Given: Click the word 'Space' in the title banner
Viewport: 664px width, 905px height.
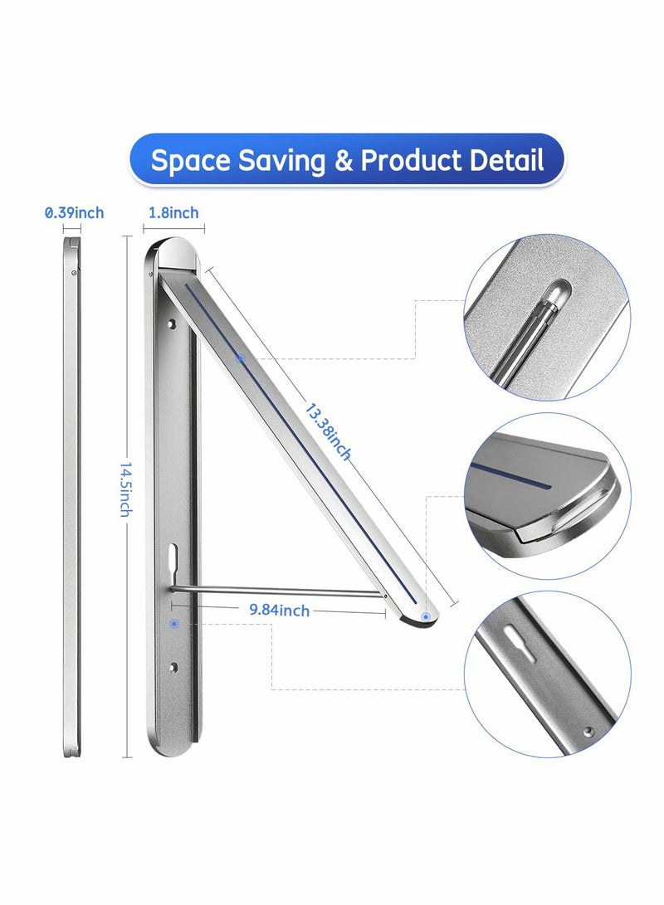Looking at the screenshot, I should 189,160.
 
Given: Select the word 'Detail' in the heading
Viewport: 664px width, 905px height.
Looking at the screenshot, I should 508,160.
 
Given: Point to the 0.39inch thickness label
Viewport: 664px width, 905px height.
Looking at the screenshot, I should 74,213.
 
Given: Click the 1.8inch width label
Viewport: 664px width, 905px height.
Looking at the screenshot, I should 173,213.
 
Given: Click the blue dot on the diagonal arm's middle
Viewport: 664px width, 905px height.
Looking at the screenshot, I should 240,359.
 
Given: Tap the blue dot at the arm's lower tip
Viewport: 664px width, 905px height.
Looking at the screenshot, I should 426,617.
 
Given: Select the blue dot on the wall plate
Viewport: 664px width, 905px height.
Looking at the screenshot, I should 173,622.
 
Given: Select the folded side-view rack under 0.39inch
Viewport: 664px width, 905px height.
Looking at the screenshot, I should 71,498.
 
